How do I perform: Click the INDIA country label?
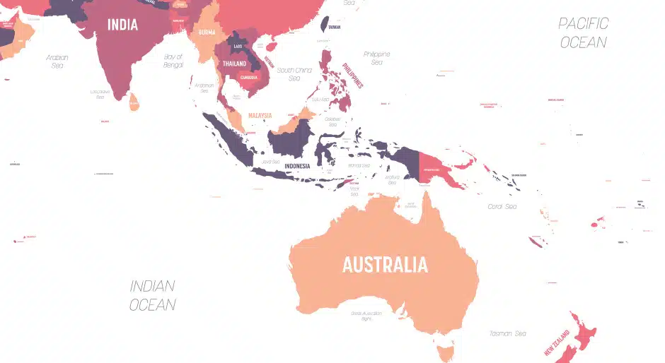click(x=122, y=24)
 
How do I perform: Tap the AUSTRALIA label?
click(x=385, y=265)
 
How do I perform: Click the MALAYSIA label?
click(x=260, y=115)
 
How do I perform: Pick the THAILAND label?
click(x=234, y=63)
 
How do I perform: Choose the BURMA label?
click(x=206, y=32)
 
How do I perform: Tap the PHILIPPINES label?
click(x=352, y=76)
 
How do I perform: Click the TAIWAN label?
click(x=334, y=27)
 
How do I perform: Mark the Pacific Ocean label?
click(x=584, y=32)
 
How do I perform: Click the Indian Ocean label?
click(x=152, y=295)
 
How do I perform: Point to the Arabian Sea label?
click(x=57, y=61)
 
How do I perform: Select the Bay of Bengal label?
click(x=173, y=61)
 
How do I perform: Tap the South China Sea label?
click(x=294, y=74)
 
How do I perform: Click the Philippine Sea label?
click(x=376, y=58)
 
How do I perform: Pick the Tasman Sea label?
click(x=508, y=333)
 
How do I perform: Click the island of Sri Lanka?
click(x=134, y=105)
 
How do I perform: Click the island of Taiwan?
click(x=325, y=25)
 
